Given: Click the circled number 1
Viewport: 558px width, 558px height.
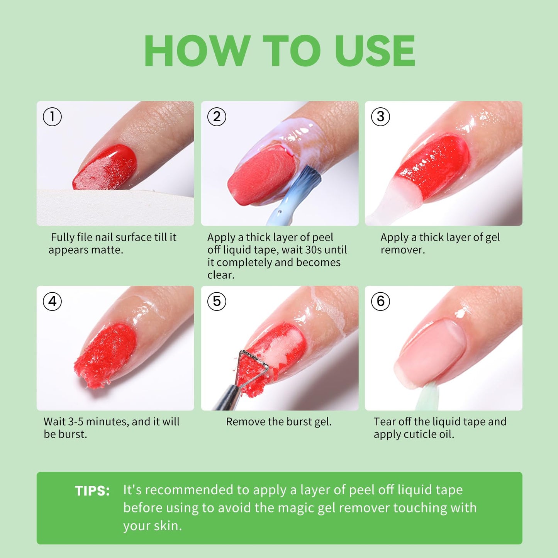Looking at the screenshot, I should pyautogui.click(x=52, y=117).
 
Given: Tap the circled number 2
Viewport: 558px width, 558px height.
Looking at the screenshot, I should pyautogui.click(x=217, y=117).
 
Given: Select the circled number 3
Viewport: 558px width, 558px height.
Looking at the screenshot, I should pyautogui.click(x=380, y=117).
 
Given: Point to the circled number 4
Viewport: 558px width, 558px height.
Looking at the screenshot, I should pyautogui.click(x=52, y=301).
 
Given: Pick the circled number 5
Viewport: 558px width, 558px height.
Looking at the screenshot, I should pyautogui.click(x=217, y=301).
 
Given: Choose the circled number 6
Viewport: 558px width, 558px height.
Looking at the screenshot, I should pyautogui.click(x=380, y=301).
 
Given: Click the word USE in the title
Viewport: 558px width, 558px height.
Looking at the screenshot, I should pyautogui.click(x=375, y=51).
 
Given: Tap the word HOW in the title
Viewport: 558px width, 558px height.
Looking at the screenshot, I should pyautogui.click(x=197, y=51).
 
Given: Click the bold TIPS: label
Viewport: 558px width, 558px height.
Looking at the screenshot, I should pyautogui.click(x=92, y=491).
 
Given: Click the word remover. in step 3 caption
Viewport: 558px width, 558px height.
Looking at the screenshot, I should pyautogui.click(x=402, y=250).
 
